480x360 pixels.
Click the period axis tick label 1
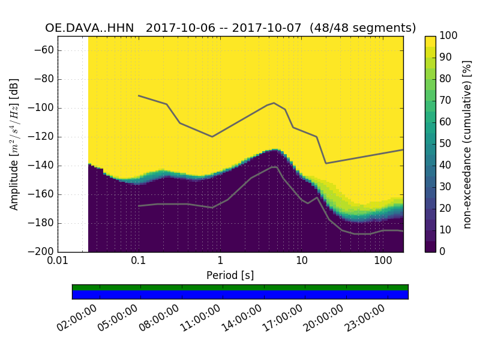click(x=220, y=262)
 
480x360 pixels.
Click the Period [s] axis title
click(x=230, y=275)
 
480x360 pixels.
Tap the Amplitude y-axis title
click(x=14, y=144)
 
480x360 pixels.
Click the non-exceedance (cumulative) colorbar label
click(x=467, y=144)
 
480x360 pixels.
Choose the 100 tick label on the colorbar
click(x=449, y=36)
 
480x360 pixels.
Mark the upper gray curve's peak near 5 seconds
click(x=274, y=103)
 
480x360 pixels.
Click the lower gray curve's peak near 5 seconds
click(x=274, y=167)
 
